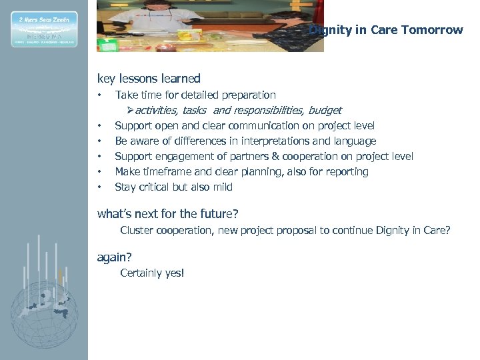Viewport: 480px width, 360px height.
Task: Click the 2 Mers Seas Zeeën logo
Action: point(44,29)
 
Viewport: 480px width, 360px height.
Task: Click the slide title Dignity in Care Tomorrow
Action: point(387,30)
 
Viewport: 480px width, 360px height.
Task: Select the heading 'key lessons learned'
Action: point(149,79)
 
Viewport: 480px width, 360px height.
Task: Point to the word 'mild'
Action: point(221,187)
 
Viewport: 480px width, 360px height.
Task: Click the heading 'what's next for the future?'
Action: point(168,214)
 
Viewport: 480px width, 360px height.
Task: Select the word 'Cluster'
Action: point(137,231)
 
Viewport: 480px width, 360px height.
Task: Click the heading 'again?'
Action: point(115,257)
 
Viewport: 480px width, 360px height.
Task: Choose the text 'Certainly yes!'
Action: point(152,273)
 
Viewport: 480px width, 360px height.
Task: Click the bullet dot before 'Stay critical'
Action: point(99,187)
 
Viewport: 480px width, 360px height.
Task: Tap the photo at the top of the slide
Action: point(210,26)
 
